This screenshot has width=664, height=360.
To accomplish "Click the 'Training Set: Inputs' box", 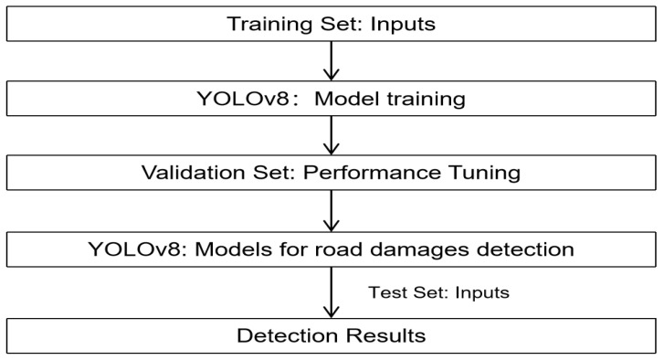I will (331, 23).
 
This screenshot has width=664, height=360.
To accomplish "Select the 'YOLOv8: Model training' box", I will (331, 98).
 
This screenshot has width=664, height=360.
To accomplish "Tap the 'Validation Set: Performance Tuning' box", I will (331, 172).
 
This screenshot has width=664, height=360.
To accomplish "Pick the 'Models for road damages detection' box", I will (331, 248).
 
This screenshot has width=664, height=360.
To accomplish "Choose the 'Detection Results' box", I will (331, 335).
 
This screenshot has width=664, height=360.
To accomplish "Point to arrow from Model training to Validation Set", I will (332, 135).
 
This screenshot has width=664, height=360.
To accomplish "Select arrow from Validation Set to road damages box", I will (332, 210).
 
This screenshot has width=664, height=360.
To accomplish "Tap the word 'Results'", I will (389, 336).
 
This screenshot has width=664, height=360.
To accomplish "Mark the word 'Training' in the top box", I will (267, 24).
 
